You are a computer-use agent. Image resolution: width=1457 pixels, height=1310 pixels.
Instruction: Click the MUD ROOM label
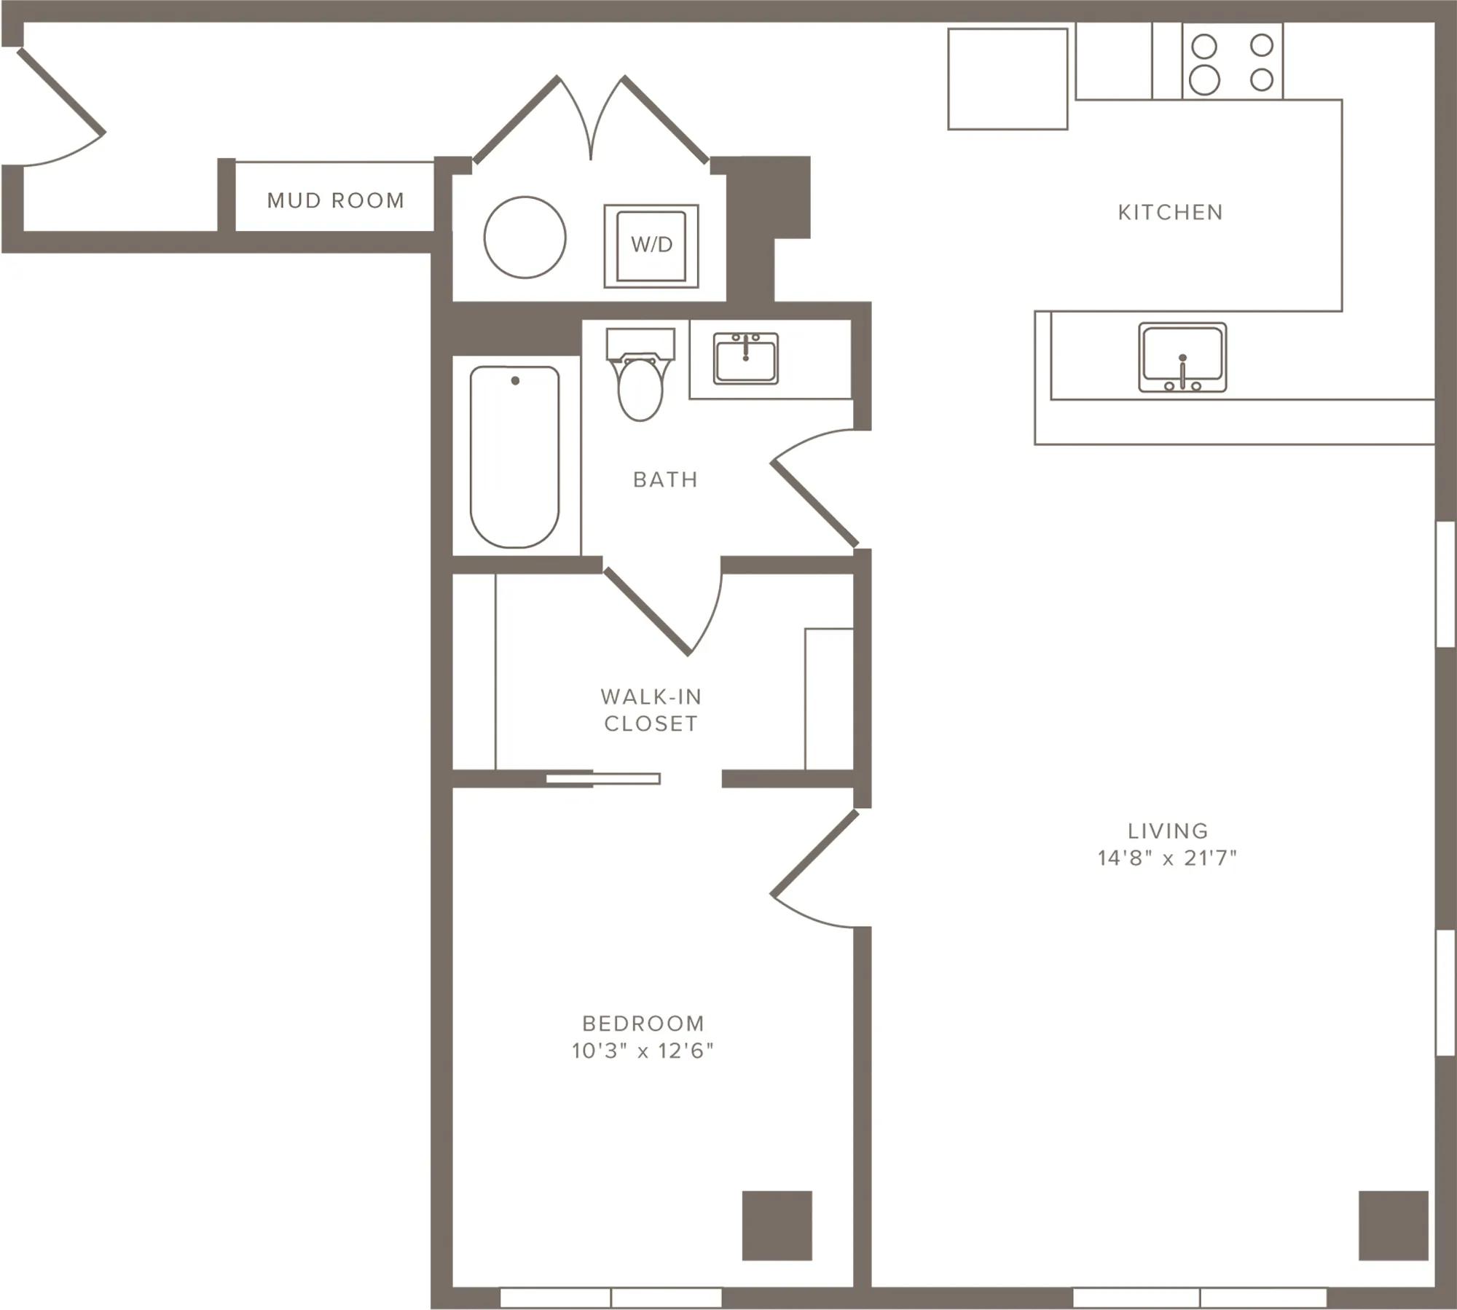tap(336, 200)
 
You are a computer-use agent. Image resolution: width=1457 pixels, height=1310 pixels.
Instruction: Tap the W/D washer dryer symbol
tap(651, 246)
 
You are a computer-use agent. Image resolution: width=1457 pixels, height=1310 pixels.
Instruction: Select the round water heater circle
tap(525, 237)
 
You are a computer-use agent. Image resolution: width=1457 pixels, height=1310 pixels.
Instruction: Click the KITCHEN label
tap(1170, 212)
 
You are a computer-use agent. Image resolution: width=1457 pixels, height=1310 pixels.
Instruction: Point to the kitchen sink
tap(1182, 357)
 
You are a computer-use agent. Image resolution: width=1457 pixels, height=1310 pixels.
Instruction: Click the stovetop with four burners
tap(1233, 61)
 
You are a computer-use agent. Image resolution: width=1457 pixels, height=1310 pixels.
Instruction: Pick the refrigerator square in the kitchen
tap(1008, 79)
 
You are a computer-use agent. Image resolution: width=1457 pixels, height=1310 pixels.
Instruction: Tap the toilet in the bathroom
tap(640, 374)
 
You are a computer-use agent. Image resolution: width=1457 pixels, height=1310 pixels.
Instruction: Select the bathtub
tap(515, 457)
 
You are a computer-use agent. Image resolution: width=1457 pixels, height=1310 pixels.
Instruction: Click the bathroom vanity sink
tap(745, 358)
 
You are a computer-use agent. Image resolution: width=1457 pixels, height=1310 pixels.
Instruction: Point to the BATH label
tap(665, 479)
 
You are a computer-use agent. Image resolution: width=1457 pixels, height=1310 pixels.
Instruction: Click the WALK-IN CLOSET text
tap(651, 710)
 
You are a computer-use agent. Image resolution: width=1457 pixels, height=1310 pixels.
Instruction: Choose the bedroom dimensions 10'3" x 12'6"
tap(643, 1051)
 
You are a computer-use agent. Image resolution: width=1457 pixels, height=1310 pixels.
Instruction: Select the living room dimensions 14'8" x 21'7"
tap(1167, 858)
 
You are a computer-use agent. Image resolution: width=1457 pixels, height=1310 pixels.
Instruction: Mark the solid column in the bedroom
tap(777, 1225)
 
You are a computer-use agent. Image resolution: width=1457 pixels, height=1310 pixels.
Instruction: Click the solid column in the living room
tap(1394, 1225)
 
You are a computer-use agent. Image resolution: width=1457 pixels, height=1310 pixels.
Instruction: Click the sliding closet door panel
tap(603, 779)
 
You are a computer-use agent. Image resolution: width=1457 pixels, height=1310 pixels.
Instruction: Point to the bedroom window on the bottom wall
tap(610, 1298)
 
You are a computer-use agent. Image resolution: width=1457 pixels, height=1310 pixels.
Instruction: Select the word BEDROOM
tap(643, 1024)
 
